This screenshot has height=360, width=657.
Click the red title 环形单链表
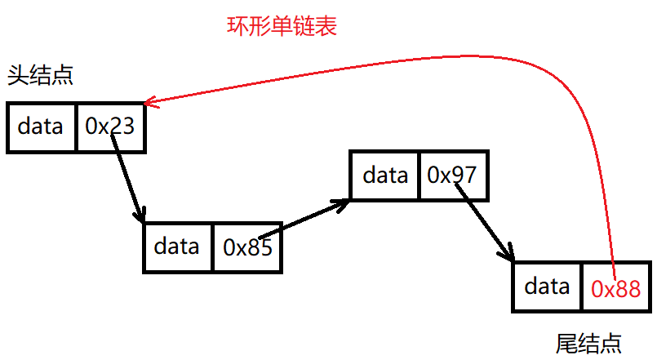[282, 26]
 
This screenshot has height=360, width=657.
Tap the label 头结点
[40, 75]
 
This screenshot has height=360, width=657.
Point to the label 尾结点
[588, 344]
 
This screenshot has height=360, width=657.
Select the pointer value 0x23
[110, 126]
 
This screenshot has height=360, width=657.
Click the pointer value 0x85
[247, 247]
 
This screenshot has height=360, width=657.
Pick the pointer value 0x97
[451, 175]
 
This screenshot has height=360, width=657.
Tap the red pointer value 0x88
[616, 289]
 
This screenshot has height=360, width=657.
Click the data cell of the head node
[41, 127]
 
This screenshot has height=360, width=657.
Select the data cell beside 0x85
[177, 247]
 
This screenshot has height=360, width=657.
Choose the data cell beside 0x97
[384, 176]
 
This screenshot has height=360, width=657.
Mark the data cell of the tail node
[547, 287]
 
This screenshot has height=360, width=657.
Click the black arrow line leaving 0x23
[127, 178]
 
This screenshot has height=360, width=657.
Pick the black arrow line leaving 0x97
[484, 222]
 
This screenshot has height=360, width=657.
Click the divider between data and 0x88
[582, 287]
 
